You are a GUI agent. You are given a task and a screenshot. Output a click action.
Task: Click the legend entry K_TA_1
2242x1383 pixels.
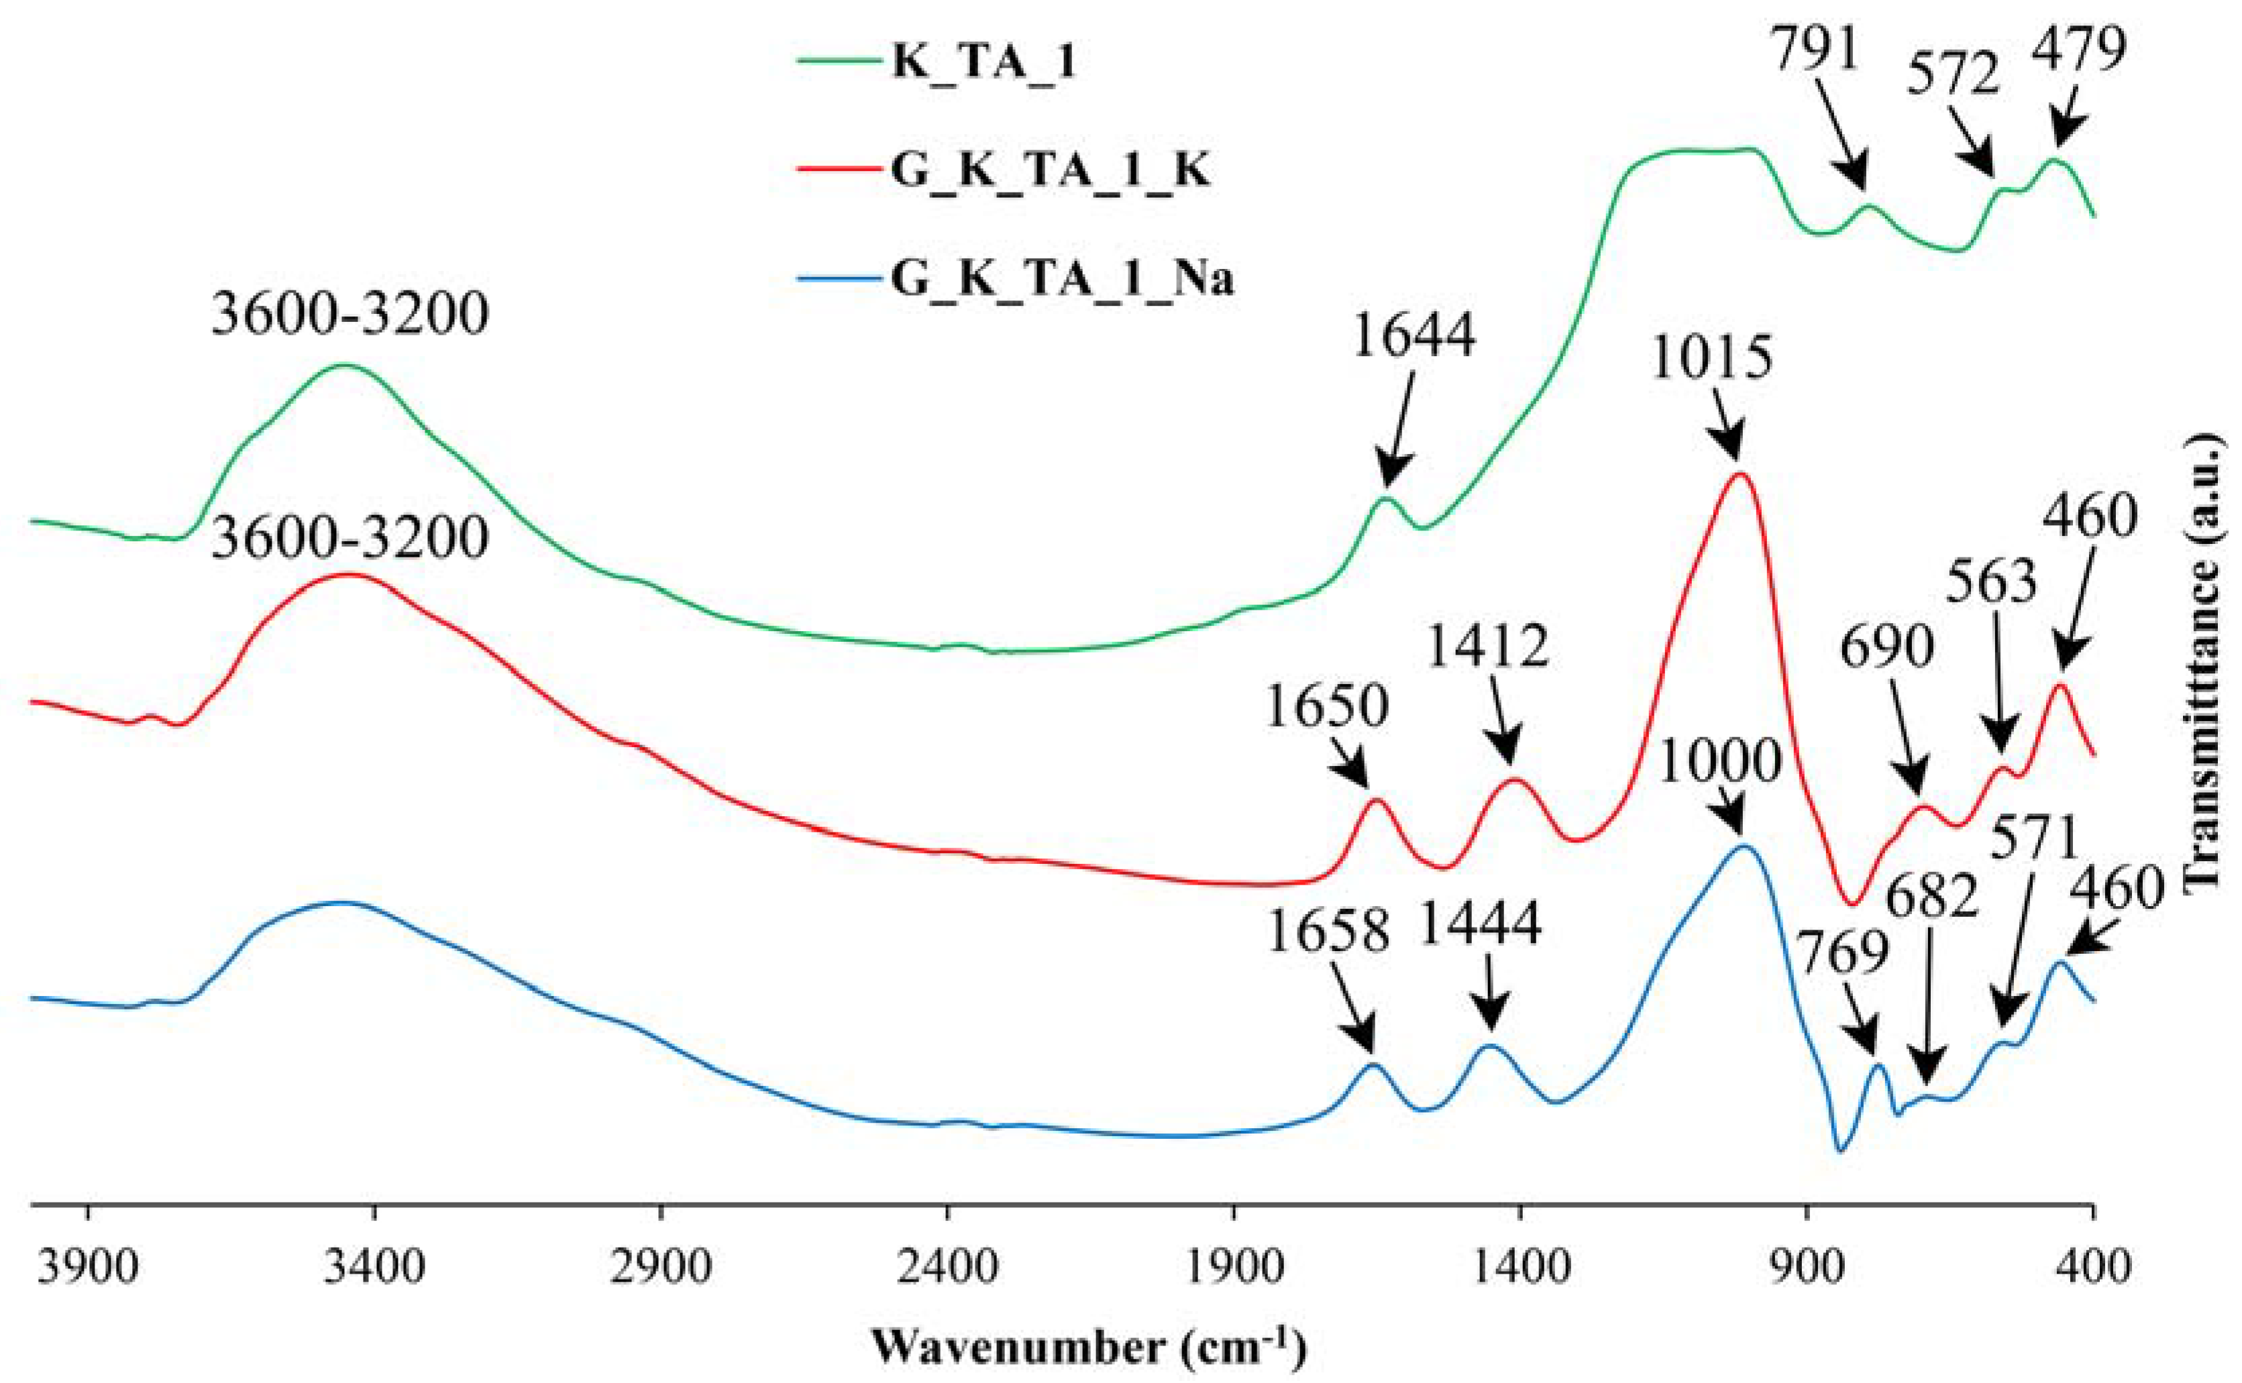point(983,64)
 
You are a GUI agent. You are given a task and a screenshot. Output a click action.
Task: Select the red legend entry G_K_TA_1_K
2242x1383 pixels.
point(1050,171)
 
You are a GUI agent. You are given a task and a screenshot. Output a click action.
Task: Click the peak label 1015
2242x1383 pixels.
point(1711,359)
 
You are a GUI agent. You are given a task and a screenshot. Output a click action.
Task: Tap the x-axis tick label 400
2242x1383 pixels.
point(2092,1270)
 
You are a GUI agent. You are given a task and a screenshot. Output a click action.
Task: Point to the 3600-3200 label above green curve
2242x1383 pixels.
point(350,315)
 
